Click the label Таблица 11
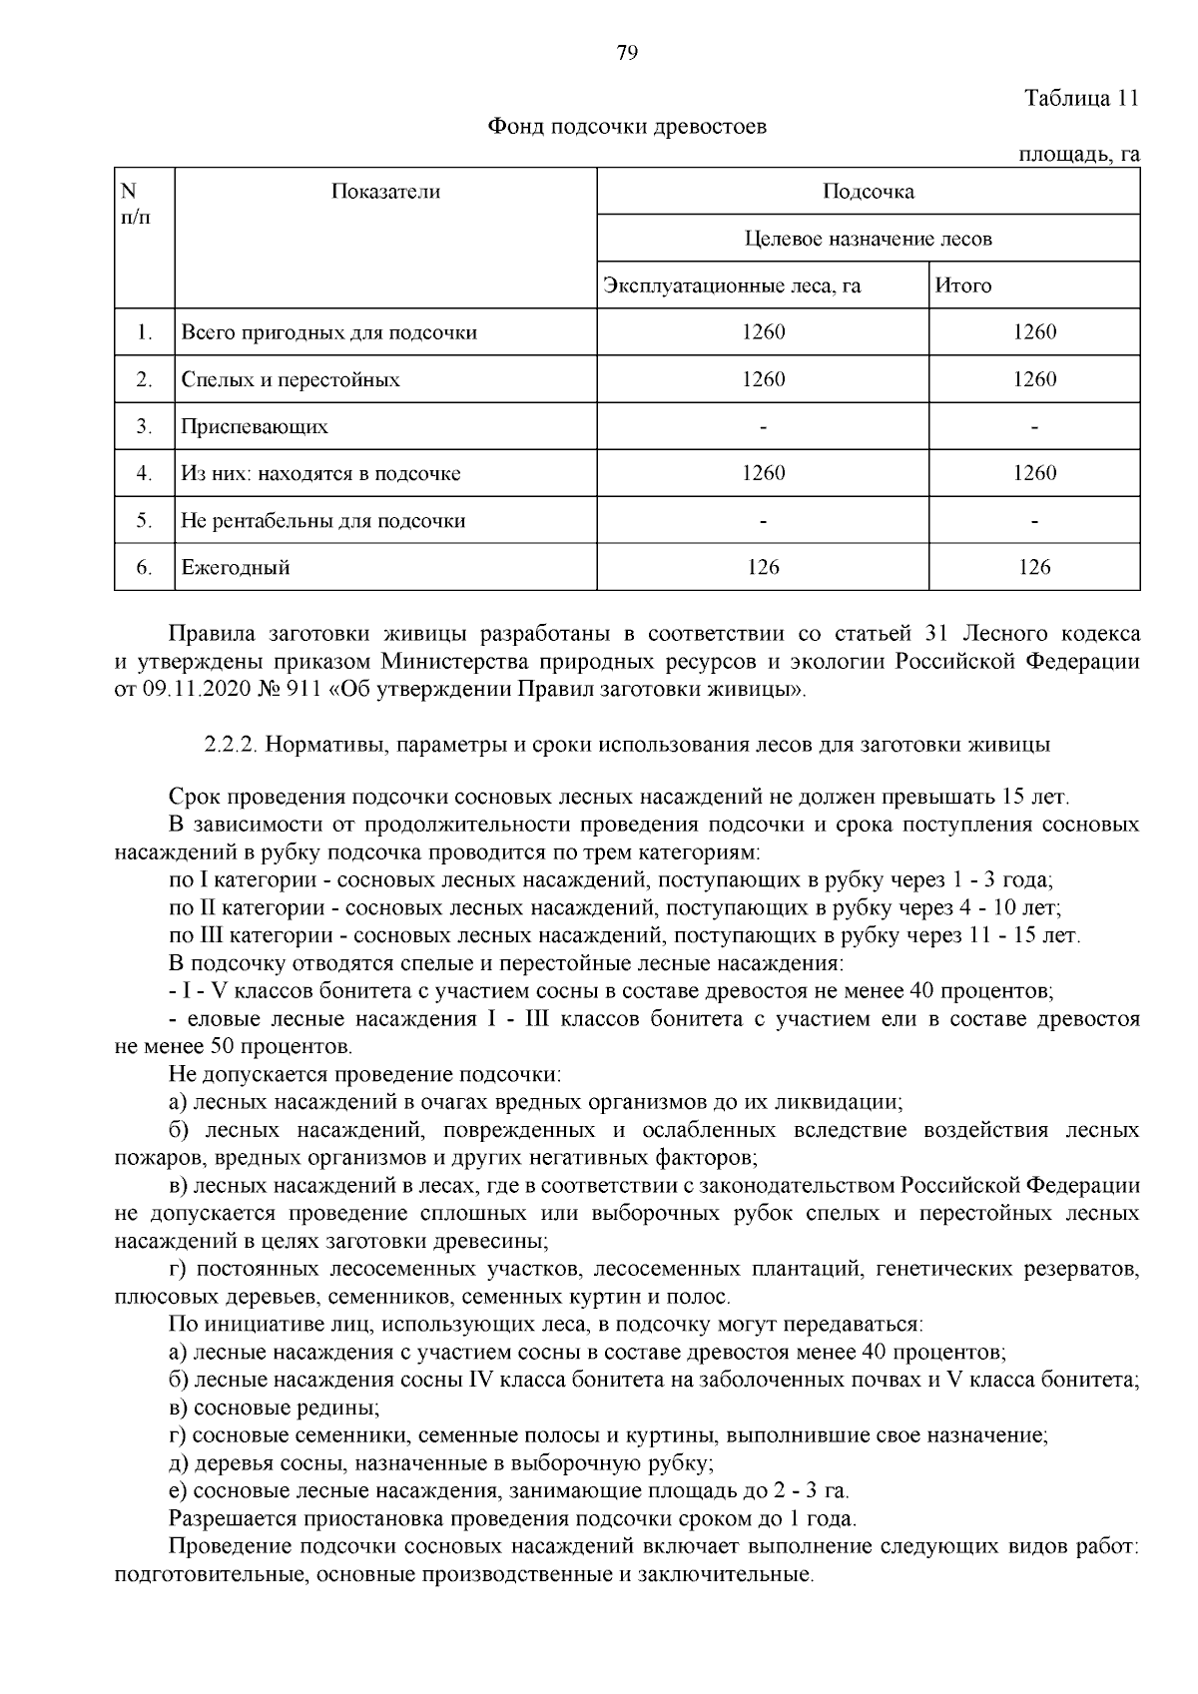pos(1081,99)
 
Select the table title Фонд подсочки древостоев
pos(626,127)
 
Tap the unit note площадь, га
pos(1078,155)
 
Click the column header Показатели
pos(385,192)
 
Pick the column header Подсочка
pos(868,192)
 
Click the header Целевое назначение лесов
pos(868,239)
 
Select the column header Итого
pos(963,286)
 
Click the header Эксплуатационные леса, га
pos(732,286)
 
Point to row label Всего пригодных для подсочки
pos(328,332)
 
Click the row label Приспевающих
pos(255,427)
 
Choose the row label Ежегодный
pos(236,568)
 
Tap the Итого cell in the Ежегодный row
pos(1034,568)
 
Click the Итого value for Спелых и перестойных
pos(1034,379)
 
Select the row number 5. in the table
pos(144,521)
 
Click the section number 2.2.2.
pos(232,745)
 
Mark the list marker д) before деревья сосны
pos(180,1463)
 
